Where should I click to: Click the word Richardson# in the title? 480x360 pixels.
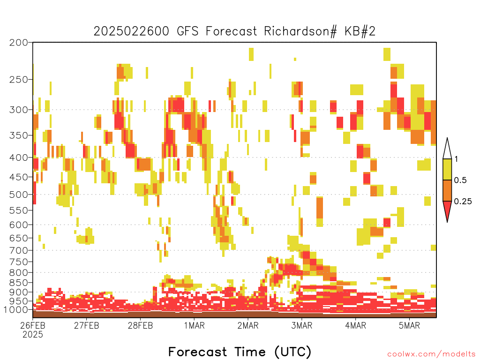click(x=300, y=31)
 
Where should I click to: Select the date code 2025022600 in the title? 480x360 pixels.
click(x=131, y=31)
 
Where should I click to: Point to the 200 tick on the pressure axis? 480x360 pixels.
click(x=19, y=43)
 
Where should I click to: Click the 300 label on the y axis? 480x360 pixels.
click(x=19, y=110)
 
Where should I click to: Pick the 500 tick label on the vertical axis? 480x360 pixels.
click(x=19, y=195)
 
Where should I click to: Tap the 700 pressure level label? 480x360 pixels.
click(x=19, y=250)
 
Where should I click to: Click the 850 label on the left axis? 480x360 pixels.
click(x=19, y=283)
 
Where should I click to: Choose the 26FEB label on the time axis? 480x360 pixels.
click(x=33, y=325)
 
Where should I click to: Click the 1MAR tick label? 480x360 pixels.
click(x=195, y=325)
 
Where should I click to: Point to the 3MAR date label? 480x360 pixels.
click(x=302, y=325)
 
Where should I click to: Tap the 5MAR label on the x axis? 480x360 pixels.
click(x=409, y=325)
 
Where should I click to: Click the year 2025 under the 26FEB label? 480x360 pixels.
click(x=33, y=335)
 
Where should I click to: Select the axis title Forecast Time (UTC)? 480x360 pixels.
click(x=240, y=352)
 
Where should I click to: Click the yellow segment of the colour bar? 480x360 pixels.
click(x=447, y=169)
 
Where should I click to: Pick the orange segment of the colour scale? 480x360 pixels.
click(x=447, y=190)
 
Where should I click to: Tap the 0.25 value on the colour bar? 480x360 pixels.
click(x=463, y=202)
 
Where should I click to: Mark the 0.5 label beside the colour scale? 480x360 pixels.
click(x=460, y=180)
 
